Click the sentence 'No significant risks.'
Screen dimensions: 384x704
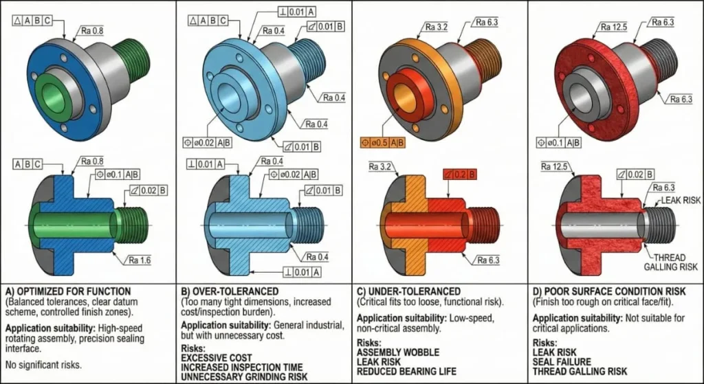click(x=43, y=365)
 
